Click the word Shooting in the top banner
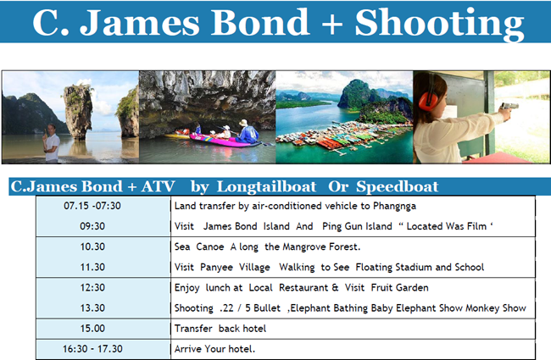point(439,23)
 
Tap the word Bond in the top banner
point(260,22)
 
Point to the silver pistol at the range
point(509,107)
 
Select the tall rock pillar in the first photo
point(78,111)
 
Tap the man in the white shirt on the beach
point(52,143)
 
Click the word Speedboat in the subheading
point(397,187)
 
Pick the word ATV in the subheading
point(158,186)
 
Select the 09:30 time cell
point(92,226)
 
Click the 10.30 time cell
point(92,246)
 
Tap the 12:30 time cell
point(92,288)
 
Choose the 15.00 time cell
point(92,329)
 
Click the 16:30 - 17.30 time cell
point(92,349)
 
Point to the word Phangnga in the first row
point(394,206)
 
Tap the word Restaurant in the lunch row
point(303,288)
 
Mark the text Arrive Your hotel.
point(214,349)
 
